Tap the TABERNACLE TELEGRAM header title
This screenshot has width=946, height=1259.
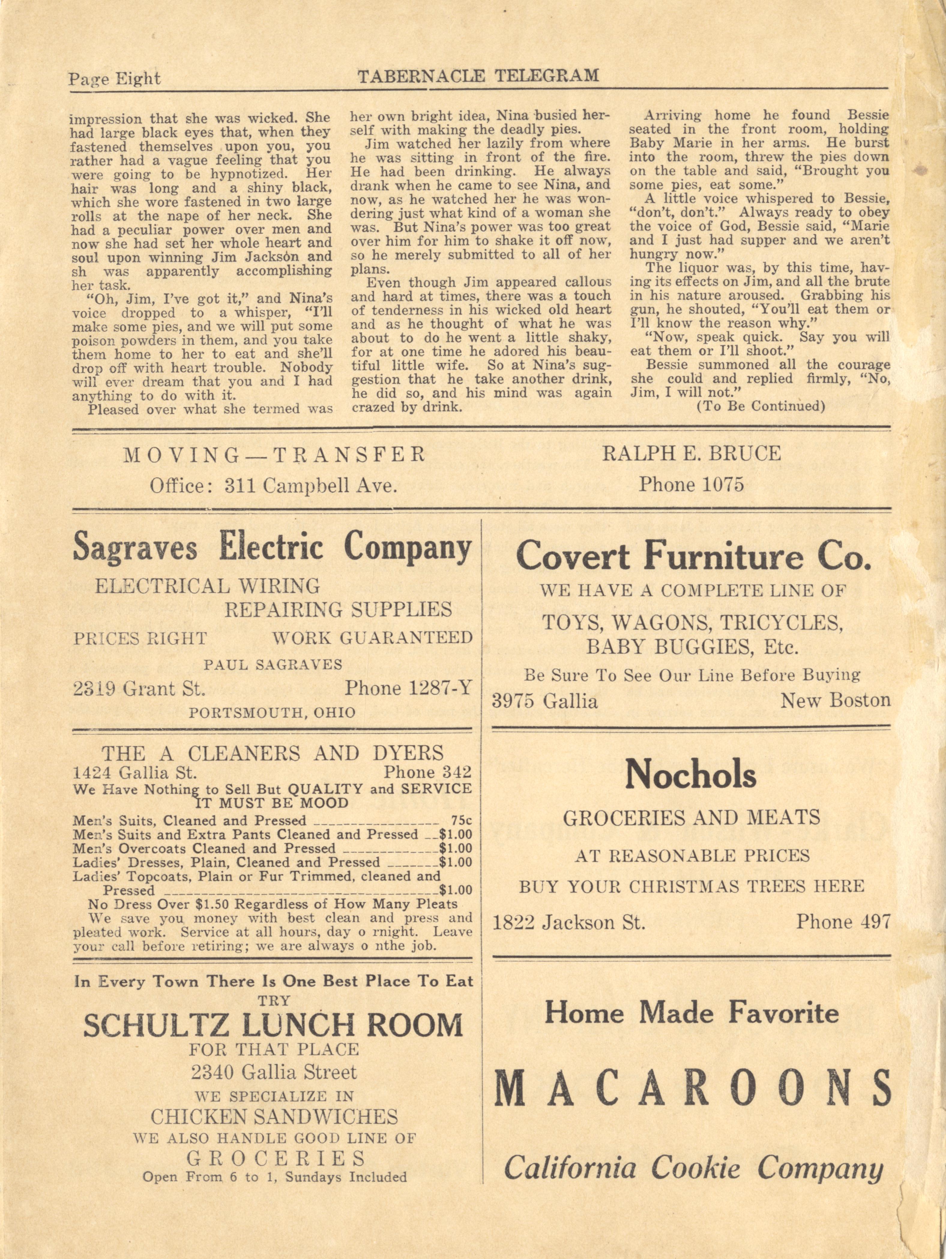click(478, 76)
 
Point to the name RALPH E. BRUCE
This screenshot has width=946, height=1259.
click(691, 453)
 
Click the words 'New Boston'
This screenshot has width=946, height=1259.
click(835, 700)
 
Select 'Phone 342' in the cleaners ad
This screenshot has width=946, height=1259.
click(428, 772)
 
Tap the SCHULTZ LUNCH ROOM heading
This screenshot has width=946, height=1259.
click(273, 1026)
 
